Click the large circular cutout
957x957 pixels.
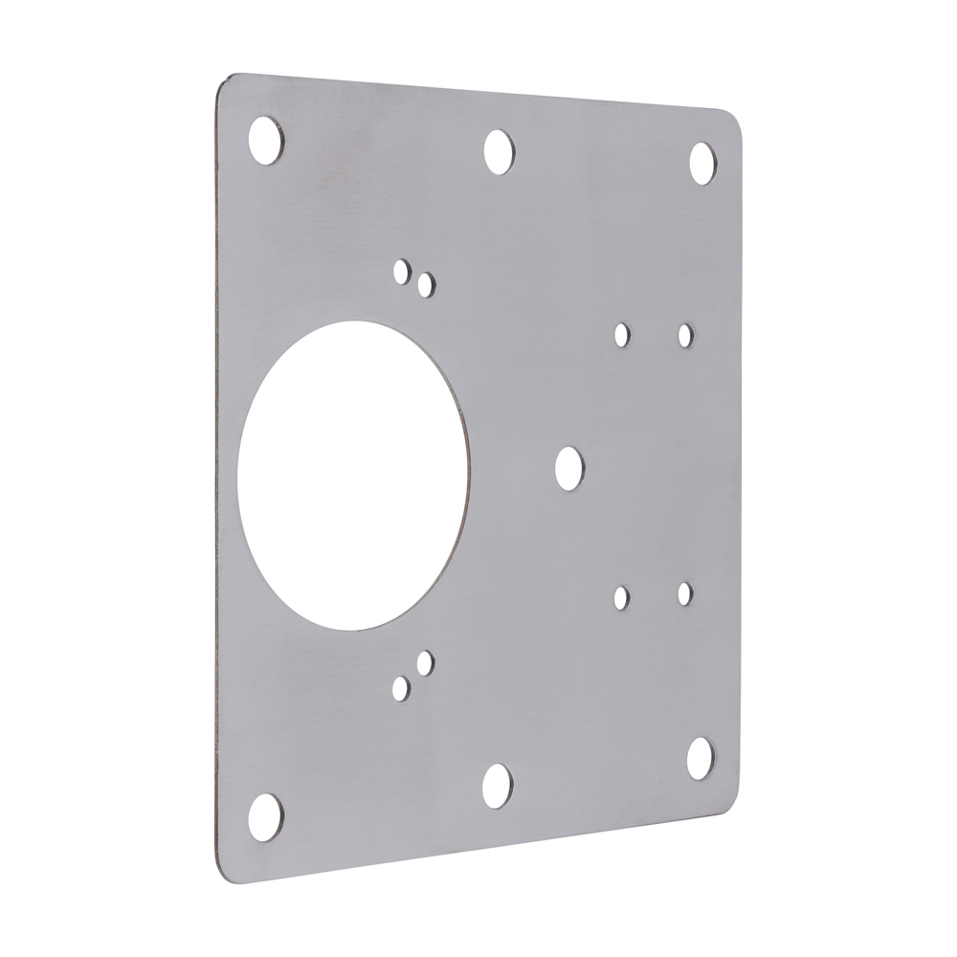point(354,475)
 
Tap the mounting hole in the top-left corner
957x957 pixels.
point(265,140)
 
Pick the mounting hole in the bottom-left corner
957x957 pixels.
point(265,814)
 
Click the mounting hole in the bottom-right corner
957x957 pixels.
point(701,757)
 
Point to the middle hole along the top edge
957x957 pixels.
point(498,151)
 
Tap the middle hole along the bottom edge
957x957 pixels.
point(498,784)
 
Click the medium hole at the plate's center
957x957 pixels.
point(570,465)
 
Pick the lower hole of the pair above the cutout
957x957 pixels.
point(426,282)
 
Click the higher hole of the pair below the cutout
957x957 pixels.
point(425,660)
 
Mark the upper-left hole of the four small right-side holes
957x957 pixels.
point(622,334)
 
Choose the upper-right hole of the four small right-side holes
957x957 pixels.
point(685,335)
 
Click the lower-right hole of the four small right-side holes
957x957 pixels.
point(685,593)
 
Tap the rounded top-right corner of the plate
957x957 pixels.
point(735,120)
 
